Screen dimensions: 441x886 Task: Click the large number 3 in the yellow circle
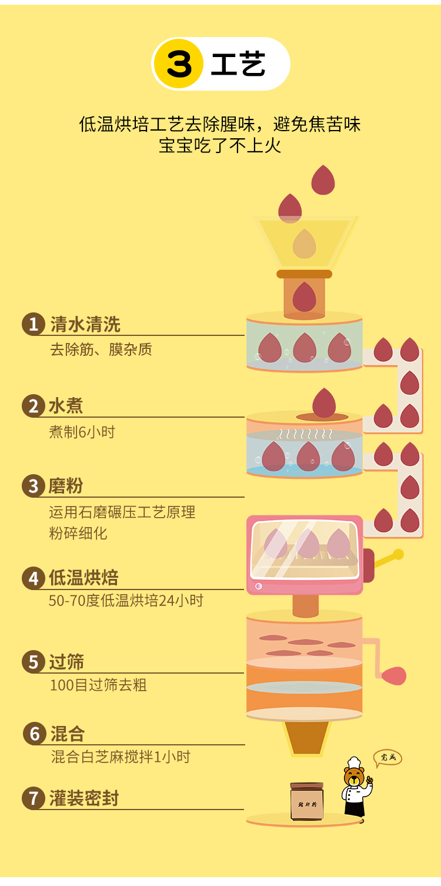click(179, 64)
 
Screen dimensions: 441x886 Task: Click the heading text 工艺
click(238, 64)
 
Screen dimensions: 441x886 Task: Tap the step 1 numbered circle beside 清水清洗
click(33, 324)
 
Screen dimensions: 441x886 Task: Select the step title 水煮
click(66, 406)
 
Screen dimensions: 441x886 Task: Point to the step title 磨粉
click(66, 486)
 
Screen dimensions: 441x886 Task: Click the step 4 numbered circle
click(33, 578)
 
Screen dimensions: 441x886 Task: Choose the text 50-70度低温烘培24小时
click(126, 601)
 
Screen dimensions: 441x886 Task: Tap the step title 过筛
click(66, 662)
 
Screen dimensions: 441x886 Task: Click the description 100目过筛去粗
click(98, 685)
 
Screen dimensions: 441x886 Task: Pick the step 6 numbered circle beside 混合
click(34, 734)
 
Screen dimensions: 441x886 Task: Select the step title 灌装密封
click(84, 798)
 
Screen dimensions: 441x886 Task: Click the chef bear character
click(355, 788)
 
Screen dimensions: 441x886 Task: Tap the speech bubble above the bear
click(387, 757)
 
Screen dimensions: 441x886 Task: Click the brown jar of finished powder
click(307, 801)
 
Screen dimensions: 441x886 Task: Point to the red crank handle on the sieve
click(393, 675)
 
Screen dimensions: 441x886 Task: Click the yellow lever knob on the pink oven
click(399, 554)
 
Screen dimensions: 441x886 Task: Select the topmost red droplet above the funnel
click(323, 180)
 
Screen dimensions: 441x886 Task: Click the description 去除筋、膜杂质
click(101, 349)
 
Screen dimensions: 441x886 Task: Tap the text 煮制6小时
click(82, 432)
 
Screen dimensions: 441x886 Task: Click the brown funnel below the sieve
click(306, 738)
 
